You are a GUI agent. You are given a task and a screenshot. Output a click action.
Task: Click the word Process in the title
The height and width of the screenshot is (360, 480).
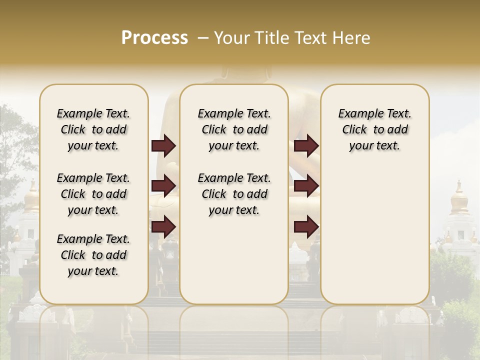[x=154, y=38]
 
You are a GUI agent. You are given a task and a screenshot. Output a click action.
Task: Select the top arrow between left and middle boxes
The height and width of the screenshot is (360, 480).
[x=163, y=146]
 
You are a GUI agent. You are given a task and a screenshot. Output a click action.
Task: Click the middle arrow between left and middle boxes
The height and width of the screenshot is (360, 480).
[x=163, y=186]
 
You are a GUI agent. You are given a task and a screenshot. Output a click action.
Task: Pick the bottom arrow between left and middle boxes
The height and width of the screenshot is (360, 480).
[x=163, y=226]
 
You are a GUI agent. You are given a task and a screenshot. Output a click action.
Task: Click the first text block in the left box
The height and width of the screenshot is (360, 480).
[x=93, y=129]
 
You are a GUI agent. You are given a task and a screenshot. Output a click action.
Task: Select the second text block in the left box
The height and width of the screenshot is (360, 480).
[x=93, y=194]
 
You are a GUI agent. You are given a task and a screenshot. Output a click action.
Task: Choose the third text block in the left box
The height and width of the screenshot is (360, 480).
[x=93, y=255]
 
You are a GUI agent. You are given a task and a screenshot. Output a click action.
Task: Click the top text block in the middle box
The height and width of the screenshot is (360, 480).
[x=234, y=129]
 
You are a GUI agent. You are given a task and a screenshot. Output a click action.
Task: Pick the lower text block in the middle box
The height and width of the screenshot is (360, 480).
[x=234, y=194]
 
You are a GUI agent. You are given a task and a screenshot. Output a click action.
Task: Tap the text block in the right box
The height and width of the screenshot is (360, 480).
[x=374, y=129]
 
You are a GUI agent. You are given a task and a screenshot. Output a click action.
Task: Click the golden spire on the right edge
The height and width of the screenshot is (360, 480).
[x=459, y=198]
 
